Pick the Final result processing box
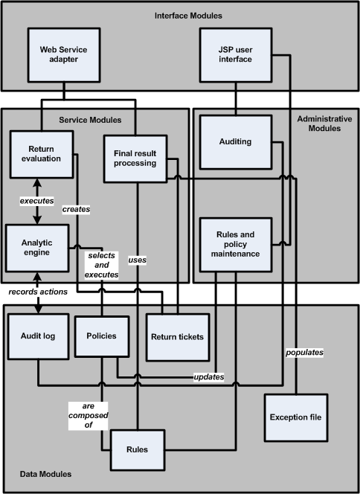point(135,158)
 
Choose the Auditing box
point(235,141)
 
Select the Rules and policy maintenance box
point(235,244)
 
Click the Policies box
point(101,336)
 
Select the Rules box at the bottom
point(137,450)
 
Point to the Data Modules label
point(45,473)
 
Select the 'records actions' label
point(36,292)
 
